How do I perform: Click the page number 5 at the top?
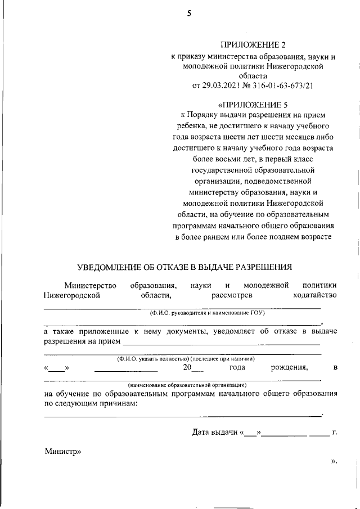click(190, 15)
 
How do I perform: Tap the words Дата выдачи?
click(215, 433)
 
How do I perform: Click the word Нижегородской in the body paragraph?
click(72, 294)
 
